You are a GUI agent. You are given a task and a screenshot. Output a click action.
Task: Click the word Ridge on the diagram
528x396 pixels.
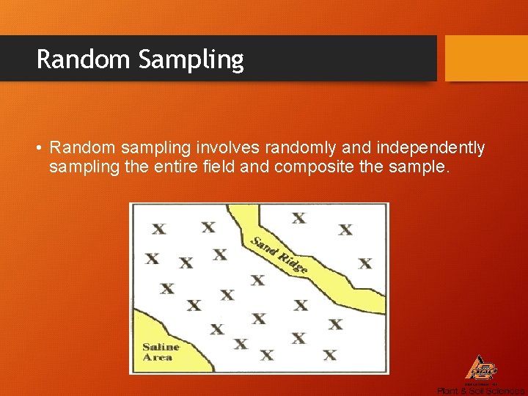[x=293, y=262]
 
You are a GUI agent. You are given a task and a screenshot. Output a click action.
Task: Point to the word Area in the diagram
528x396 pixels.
[x=158, y=357]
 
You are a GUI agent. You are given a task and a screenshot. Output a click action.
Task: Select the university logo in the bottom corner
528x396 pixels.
[x=481, y=369]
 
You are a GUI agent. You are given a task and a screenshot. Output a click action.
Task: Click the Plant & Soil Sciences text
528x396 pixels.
[x=480, y=391]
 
